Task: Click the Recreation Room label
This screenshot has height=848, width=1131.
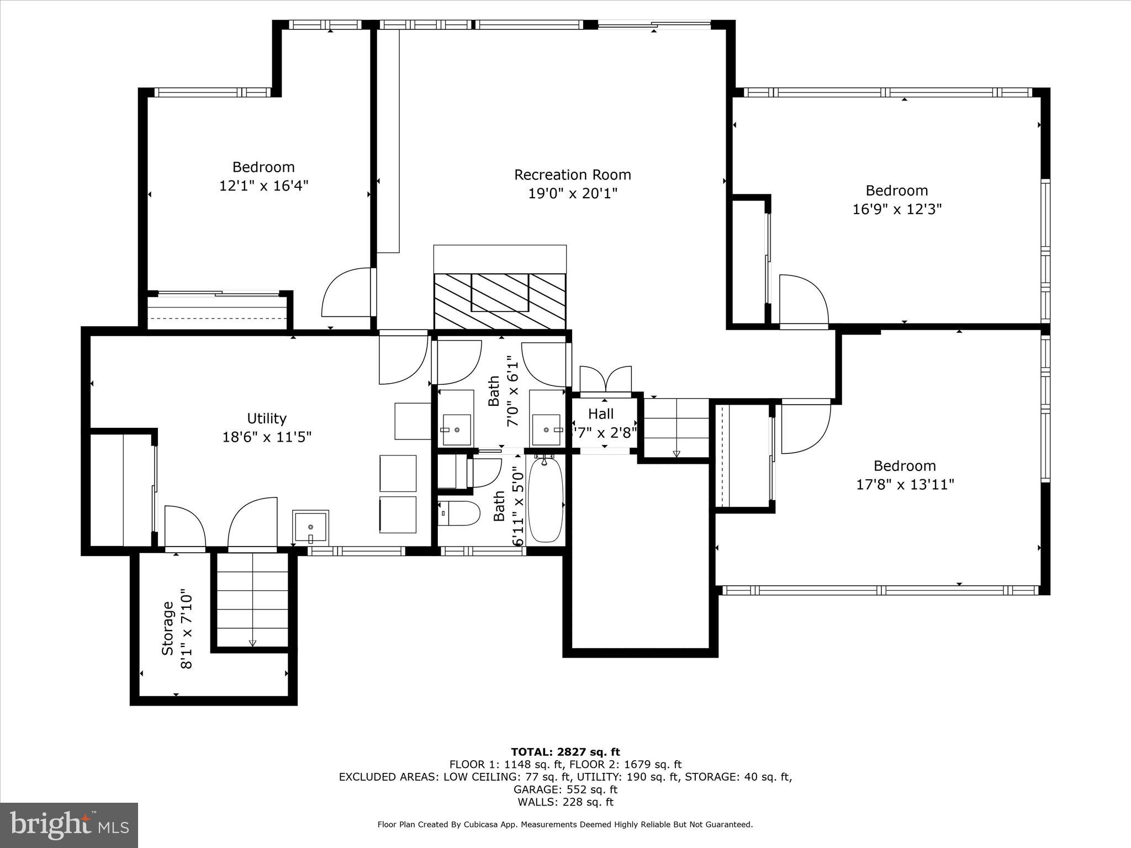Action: point(572,175)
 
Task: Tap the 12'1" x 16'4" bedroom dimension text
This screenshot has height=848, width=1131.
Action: point(263,185)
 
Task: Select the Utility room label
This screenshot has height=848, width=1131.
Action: point(267,418)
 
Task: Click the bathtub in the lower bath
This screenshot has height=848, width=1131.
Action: point(546,499)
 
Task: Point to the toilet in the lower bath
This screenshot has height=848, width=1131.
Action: point(460,513)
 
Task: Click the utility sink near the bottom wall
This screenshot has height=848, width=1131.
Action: point(310,528)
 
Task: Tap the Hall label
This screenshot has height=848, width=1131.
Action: point(601,414)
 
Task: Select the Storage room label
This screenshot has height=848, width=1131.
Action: point(168,628)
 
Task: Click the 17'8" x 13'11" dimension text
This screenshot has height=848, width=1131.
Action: point(905,485)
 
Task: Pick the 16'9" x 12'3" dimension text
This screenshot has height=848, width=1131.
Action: point(897,209)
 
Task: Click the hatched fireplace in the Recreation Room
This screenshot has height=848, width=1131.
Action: point(500,301)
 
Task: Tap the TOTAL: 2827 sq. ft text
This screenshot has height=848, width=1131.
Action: point(565,752)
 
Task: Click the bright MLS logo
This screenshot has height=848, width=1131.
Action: point(69,825)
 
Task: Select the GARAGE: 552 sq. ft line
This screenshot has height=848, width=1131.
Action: point(565,789)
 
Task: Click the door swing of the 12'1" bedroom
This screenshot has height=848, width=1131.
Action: point(347,293)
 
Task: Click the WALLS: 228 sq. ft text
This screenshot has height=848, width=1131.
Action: point(565,802)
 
